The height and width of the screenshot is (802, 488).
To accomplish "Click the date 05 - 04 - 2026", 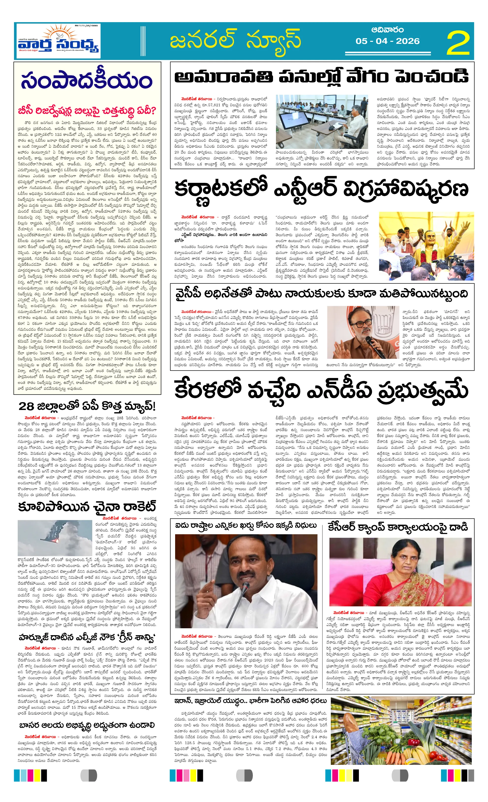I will point(387,41).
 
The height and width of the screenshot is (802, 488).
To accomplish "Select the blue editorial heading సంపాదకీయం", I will point(87,80).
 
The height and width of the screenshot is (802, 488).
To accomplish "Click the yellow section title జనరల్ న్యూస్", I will point(235,40).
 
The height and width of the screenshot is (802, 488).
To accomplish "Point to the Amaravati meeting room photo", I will point(321,121).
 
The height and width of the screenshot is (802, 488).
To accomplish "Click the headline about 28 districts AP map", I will point(87,406).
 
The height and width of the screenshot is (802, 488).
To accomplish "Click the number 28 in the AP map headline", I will point(26,407).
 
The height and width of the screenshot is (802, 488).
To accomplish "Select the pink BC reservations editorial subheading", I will point(87,110).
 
